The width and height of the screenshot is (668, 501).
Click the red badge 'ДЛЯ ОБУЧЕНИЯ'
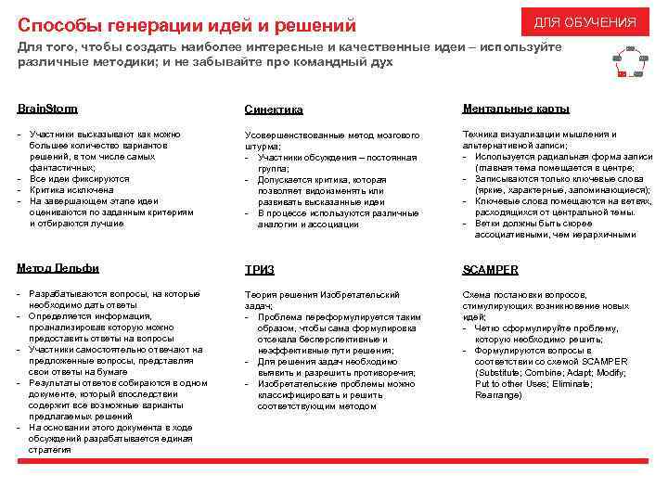coord(584,22)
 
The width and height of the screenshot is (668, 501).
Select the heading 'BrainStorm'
coord(47,109)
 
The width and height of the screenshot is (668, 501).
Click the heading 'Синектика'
coord(274,110)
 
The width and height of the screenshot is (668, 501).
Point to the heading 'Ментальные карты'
coord(516,109)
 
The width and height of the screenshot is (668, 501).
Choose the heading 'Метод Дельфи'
coord(58,268)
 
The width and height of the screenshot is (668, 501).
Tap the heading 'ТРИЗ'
coord(260,271)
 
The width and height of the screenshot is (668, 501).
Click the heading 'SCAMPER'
coord(490,270)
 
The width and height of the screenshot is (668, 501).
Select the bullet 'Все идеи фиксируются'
coord(79,178)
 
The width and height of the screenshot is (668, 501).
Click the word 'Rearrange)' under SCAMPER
coord(498,395)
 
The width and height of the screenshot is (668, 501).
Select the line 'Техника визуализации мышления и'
coord(539,135)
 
